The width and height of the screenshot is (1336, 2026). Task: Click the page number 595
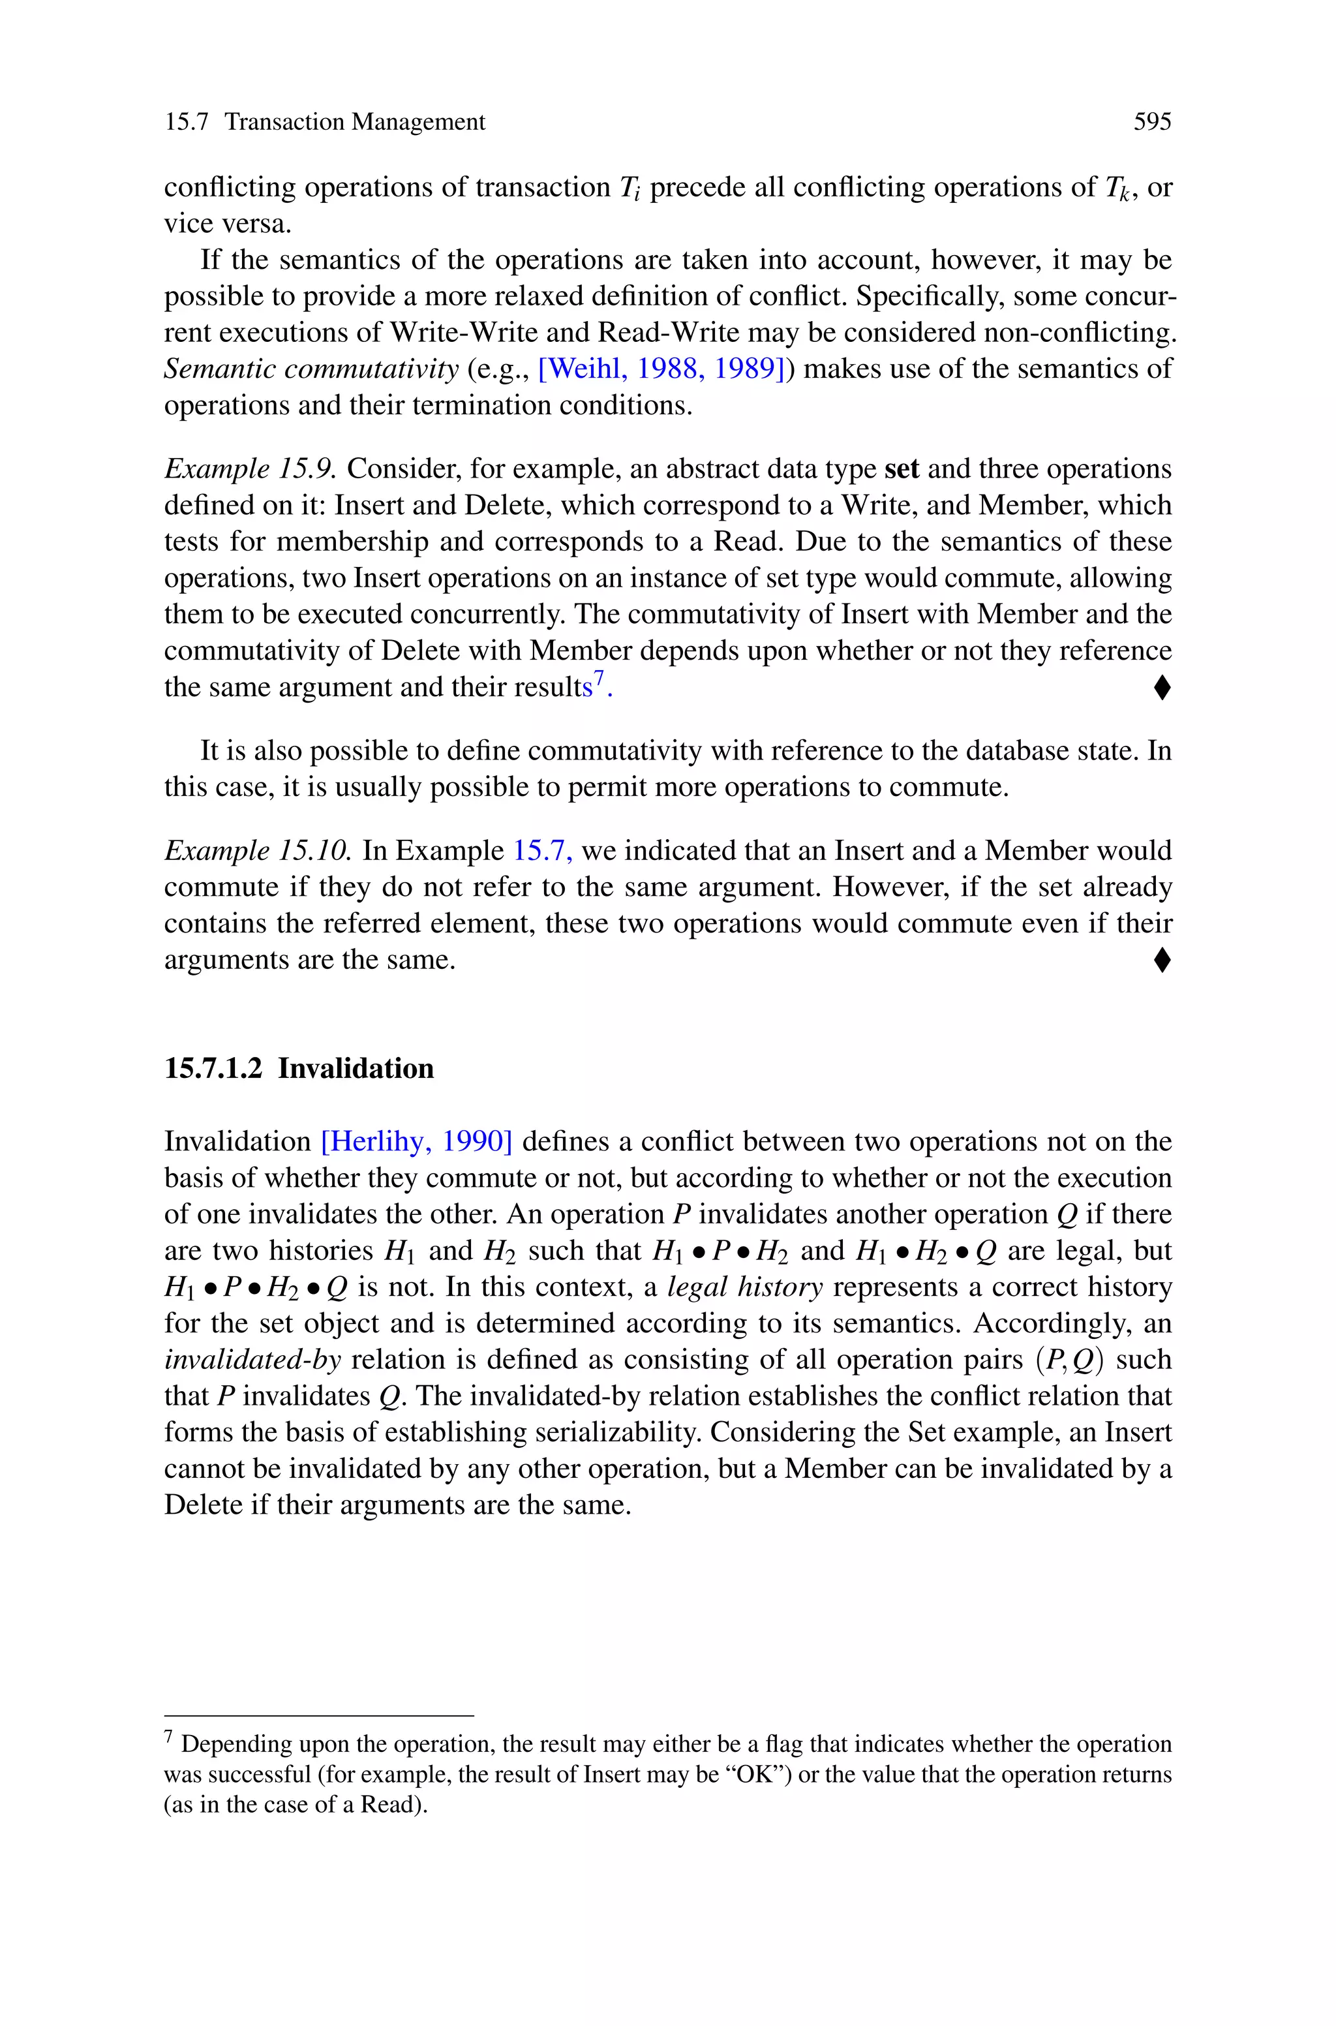(x=1152, y=123)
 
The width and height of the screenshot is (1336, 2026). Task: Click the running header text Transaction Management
(x=354, y=123)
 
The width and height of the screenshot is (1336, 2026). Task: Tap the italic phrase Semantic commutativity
(x=311, y=369)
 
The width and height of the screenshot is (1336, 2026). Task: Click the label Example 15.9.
(x=250, y=469)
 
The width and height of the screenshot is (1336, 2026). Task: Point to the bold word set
(x=902, y=469)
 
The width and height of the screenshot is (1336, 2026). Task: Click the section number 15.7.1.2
(x=213, y=1068)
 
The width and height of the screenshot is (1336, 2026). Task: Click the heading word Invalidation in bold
(x=356, y=1068)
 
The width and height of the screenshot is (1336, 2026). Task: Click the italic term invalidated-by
(x=252, y=1360)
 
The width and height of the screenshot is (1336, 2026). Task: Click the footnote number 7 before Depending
(x=169, y=1736)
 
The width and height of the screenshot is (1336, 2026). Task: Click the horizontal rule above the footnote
(x=318, y=1715)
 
